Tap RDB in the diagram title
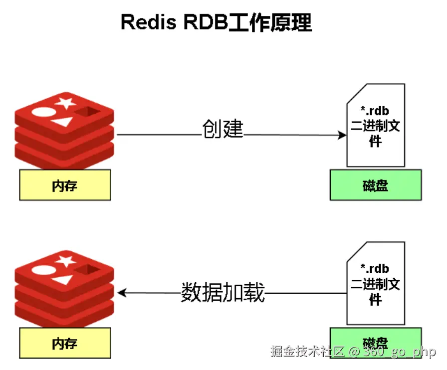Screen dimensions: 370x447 coord(203,23)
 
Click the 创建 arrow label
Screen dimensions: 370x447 coord(223,129)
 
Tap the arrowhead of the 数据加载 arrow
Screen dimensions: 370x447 coord(121,293)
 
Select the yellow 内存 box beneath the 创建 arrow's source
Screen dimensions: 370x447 coord(65,185)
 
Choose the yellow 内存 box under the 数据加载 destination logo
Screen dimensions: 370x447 coord(65,343)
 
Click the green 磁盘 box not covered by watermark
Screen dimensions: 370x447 coord(376,185)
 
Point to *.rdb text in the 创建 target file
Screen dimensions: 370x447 coord(375,110)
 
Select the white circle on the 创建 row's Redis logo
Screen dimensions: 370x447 coord(42,112)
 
